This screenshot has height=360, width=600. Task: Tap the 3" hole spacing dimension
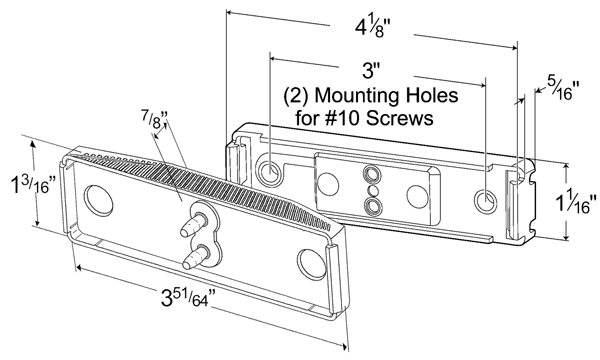(x=371, y=71)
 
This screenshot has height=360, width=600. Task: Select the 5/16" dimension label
(x=563, y=87)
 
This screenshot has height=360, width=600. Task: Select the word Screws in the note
(x=399, y=118)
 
